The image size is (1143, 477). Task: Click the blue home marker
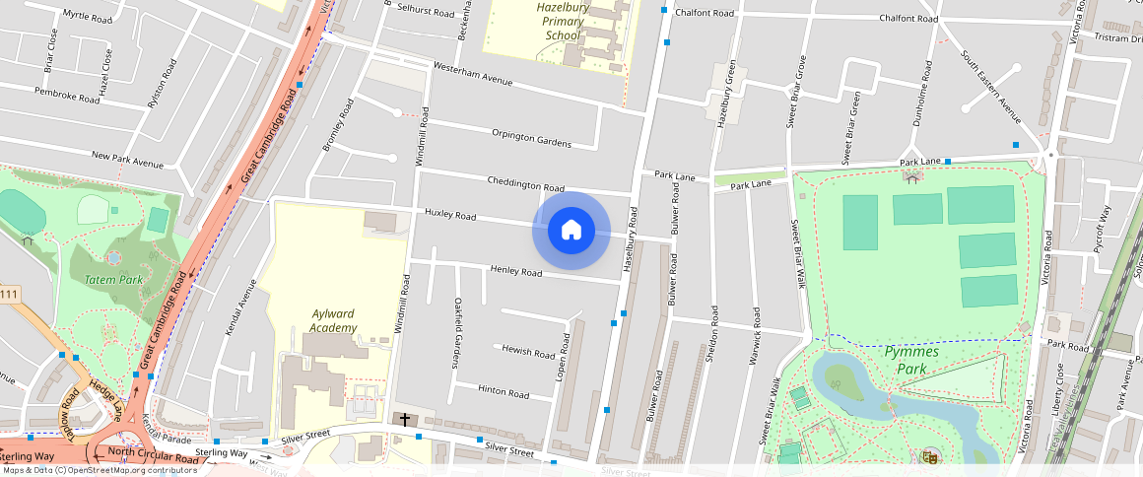click(571, 230)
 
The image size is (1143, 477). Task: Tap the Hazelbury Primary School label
click(563, 21)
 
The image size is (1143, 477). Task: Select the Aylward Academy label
click(332, 320)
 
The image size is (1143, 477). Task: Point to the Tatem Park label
click(114, 280)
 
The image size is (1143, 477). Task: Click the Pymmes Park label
click(910, 360)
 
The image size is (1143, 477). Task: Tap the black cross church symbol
click(404, 419)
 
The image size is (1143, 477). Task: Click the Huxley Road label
click(450, 215)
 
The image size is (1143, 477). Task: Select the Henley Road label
click(516, 271)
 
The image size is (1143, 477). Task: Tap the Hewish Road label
click(529, 351)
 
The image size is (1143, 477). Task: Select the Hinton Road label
click(504, 390)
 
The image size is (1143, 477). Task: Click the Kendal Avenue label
click(240, 307)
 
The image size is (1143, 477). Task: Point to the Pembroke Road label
click(67, 95)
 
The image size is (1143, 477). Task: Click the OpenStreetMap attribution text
click(99, 470)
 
